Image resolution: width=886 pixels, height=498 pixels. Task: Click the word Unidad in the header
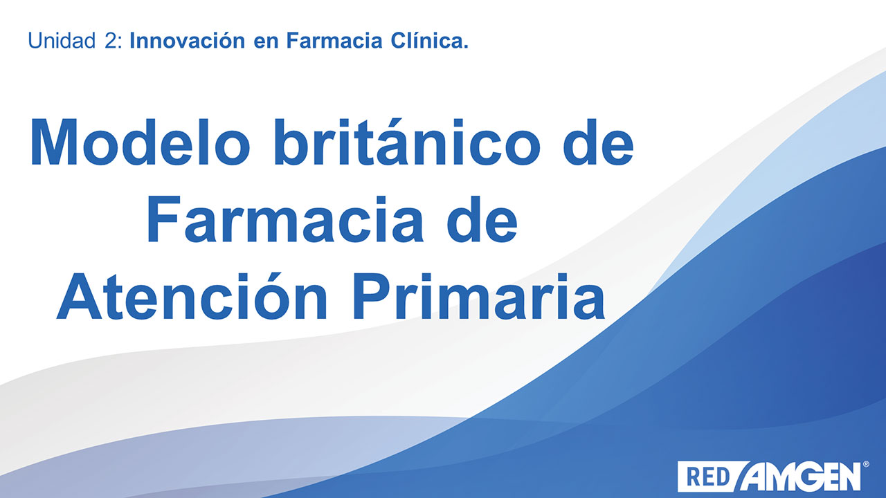(62, 41)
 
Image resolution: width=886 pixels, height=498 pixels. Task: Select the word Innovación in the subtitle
(188, 41)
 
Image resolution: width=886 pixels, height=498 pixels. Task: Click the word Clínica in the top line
(430, 40)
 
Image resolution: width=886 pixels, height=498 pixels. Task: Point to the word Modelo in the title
(140, 142)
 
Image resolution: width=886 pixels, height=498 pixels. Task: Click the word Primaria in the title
(478, 296)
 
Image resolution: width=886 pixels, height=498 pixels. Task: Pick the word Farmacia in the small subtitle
(334, 41)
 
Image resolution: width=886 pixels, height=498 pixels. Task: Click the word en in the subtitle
(266, 43)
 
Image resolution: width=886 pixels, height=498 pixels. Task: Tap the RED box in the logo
(709, 477)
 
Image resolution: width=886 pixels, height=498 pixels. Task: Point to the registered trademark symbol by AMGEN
(866, 464)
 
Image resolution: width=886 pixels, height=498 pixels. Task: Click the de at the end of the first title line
(599, 142)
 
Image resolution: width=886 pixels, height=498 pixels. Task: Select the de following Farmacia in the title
(482, 219)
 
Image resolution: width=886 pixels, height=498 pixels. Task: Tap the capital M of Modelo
(53, 142)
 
